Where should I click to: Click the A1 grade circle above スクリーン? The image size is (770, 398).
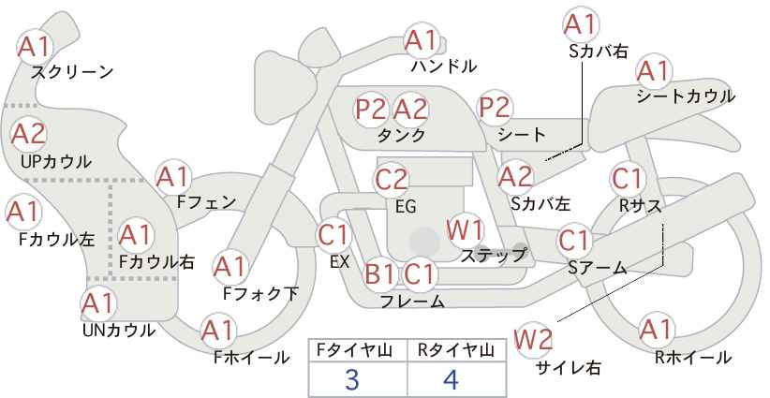(35, 47)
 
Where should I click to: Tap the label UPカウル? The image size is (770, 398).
(56, 161)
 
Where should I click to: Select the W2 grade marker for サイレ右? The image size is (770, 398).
(533, 340)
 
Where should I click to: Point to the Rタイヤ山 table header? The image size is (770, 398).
(456, 350)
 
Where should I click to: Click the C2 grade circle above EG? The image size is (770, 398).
(392, 180)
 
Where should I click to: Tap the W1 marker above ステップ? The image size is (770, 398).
(465, 230)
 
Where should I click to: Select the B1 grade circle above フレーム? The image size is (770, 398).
(380, 273)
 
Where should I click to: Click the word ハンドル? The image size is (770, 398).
(444, 66)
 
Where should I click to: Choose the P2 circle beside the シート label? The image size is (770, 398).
(496, 108)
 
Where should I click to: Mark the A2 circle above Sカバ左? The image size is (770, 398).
(515, 177)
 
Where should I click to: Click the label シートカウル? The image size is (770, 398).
(686, 96)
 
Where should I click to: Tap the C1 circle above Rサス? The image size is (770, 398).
(628, 179)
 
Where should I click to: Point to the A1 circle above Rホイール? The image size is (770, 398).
(656, 330)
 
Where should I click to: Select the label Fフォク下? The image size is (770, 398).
(260, 293)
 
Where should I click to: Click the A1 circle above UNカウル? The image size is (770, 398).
(98, 303)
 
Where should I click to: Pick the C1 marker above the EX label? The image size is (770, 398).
(333, 236)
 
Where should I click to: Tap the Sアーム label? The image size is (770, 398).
(597, 268)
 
